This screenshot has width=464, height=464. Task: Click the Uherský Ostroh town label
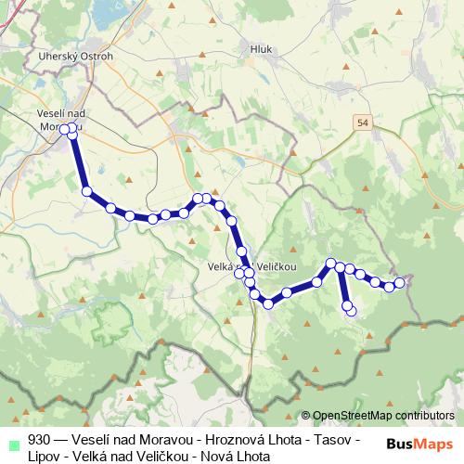tap(63, 56)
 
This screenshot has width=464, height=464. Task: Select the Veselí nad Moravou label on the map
tap(61, 119)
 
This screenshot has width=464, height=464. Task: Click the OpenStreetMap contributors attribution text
tap(383, 416)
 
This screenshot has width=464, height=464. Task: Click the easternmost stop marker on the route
tap(400, 282)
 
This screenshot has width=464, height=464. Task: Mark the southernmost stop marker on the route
tap(350, 310)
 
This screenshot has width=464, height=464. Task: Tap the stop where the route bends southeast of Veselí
tap(87, 192)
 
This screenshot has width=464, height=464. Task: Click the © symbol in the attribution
tap(305, 416)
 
